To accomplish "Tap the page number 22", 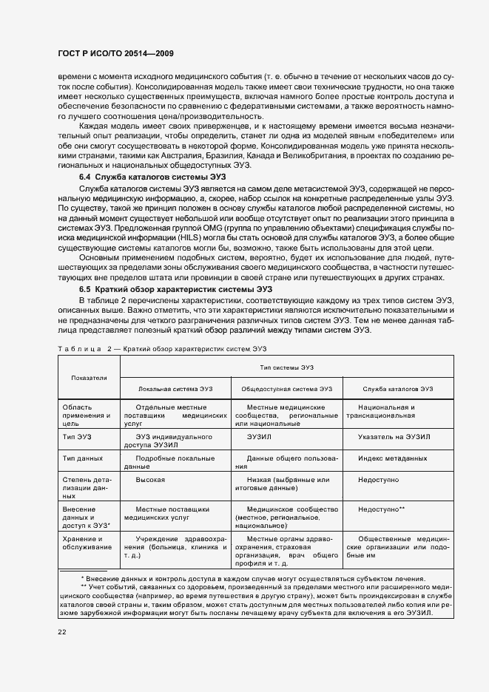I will coord(62,631).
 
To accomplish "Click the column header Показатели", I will coord(90,377).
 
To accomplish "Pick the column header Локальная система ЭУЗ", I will coord(175,389).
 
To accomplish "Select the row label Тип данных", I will coord(81,458).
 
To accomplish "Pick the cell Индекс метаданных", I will coord(392,458).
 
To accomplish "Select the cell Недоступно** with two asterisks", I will coord(381,509).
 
